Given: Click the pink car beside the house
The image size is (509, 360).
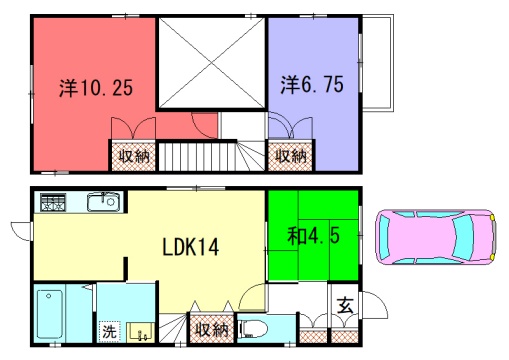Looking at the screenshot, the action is [436, 237].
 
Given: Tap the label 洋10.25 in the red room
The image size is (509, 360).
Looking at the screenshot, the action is [96, 88].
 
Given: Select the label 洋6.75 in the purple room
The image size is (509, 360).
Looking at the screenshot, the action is [312, 84].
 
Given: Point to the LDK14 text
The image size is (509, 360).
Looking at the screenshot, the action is [191, 247].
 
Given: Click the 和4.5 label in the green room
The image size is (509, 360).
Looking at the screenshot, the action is [313, 235].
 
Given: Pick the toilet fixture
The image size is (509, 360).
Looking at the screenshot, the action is [254, 330].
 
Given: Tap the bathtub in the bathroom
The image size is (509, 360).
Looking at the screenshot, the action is [50, 314].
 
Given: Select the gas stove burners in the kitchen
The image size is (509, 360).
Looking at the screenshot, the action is [53, 202].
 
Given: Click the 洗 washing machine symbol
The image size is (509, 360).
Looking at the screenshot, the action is [109, 332].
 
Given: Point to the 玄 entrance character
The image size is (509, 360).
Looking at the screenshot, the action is [345, 305].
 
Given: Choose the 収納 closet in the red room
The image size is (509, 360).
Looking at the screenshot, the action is [133, 156].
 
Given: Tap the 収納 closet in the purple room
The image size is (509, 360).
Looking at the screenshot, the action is [290, 155].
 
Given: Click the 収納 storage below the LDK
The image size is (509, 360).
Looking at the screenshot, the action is [212, 329].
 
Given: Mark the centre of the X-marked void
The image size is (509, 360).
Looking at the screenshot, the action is [212, 62].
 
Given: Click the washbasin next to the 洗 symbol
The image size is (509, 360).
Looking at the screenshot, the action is [142, 332].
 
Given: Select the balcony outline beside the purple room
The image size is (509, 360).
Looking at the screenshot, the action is [377, 62].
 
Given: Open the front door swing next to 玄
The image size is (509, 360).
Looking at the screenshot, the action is [375, 305].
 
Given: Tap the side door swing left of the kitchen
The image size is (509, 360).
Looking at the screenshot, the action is [21, 231].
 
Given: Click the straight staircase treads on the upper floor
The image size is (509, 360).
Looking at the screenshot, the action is [198, 156].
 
